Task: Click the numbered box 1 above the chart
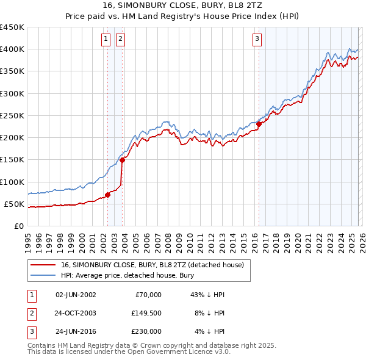click(x=106, y=39)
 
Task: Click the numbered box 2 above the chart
click(x=120, y=39)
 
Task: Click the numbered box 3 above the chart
click(x=257, y=39)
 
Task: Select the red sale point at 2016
click(x=259, y=124)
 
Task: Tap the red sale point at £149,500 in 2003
click(x=123, y=160)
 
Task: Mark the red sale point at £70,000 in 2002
click(x=108, y=195)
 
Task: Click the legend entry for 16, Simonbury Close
click(x=152, y=265)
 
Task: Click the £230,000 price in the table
click(x=146, y=331)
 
